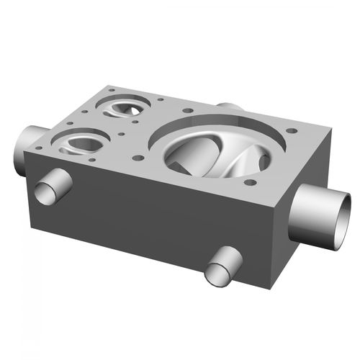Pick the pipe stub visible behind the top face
tap(229, 107)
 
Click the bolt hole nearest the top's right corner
tap(292, 131)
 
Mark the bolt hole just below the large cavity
tap(250, 181)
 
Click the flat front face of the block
tap(144, 216)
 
